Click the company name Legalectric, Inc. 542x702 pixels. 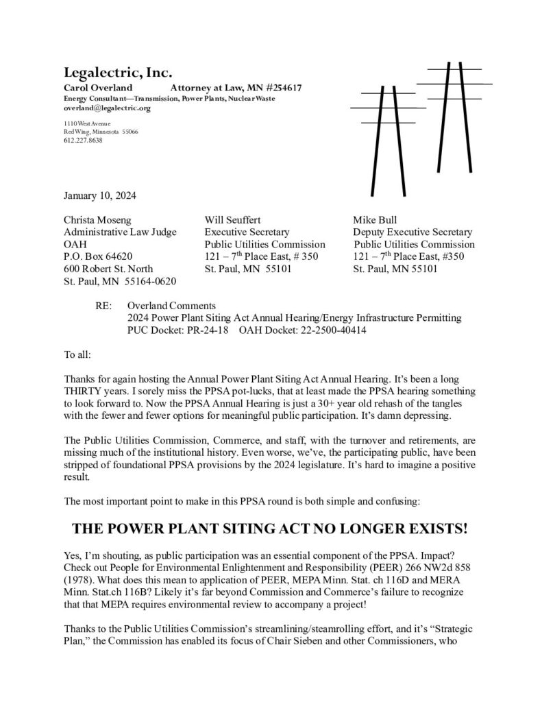(x=118, y=73)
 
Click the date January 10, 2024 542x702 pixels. (x=99, y=195)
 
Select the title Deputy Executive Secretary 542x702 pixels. (x=412, y=232)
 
